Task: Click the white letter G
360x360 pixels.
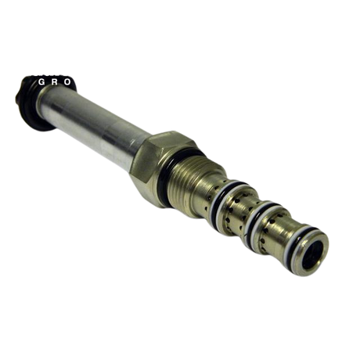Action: pos(41,82)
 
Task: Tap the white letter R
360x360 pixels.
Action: pos(55,82)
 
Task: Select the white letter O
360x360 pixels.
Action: pos(67,82)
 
